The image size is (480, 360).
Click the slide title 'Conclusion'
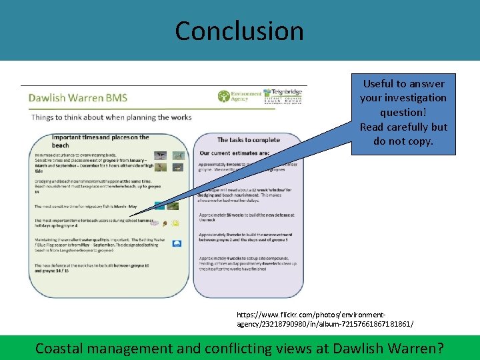tap(239, 31)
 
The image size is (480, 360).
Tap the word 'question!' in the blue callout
tap(403, 113)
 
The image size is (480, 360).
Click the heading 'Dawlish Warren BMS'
tap(78, 98)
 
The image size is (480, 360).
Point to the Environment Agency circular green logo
tap(223, 97)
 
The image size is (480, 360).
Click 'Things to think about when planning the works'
tap(111, 117)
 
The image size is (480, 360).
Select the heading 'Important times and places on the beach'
tap(100, 141)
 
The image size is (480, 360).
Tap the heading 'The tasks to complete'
tap(248, 140)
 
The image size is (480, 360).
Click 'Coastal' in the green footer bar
tap(63, 347)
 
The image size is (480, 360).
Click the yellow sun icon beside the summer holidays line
tap(175, 224)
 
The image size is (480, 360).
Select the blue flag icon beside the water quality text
tap(176, 244)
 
